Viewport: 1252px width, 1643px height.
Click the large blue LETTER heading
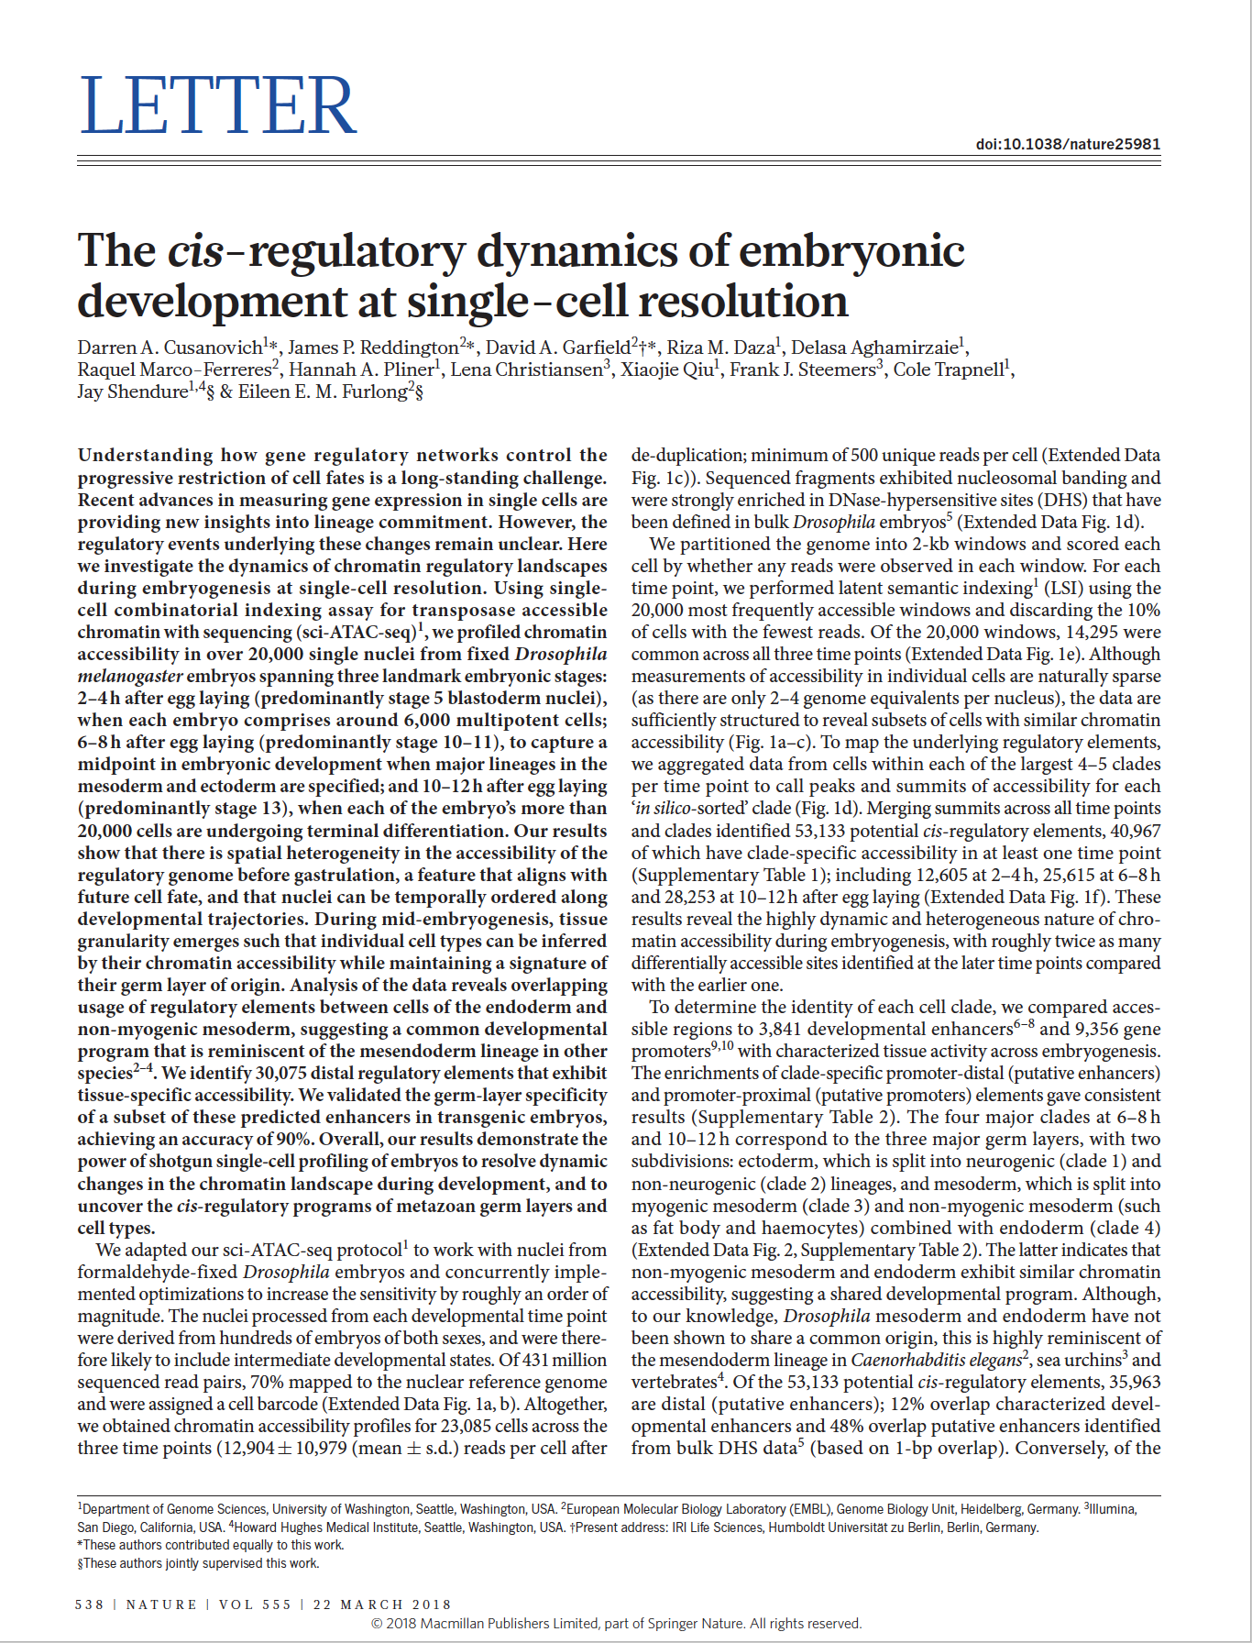pyautogui.click(x=217, y=105)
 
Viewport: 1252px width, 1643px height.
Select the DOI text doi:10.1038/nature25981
pyautogui.click(x=1068, y=144)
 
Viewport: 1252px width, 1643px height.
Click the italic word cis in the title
pyautogui.click(x=195, y=251)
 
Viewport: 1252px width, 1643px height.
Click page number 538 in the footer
pyautogui.click(x=89, y=1604)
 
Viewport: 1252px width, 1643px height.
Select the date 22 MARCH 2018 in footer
pyautogui.click(x=382, y=1604)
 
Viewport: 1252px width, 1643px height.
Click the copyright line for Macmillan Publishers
pyautogui.click(x=616, y=1623)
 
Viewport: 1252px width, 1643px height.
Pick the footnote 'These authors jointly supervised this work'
pyautogui.click(x=200, y=1563)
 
